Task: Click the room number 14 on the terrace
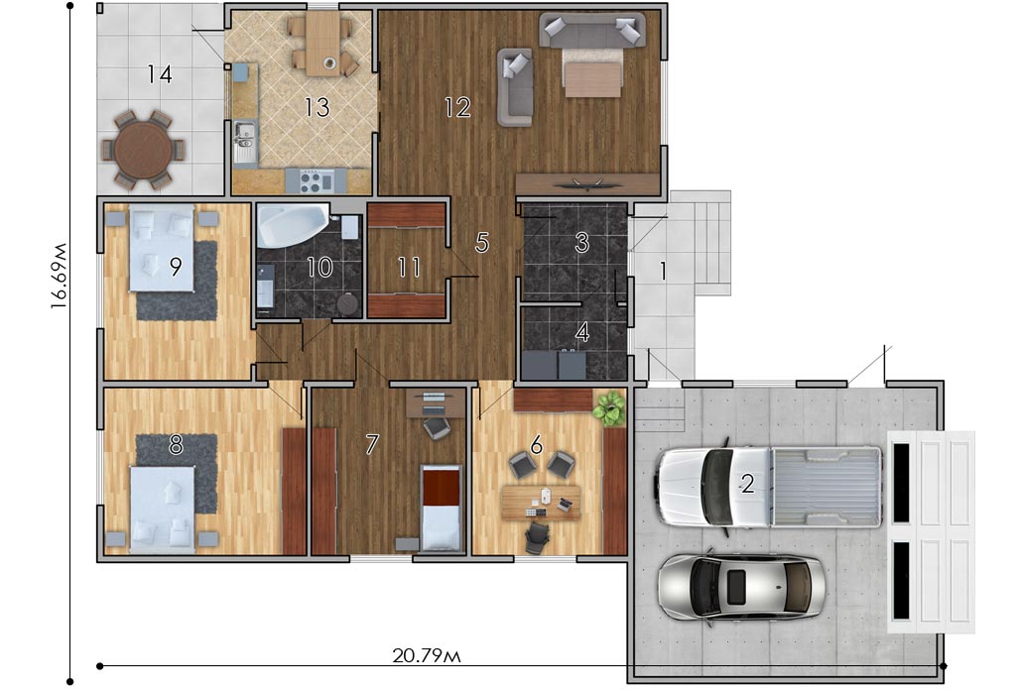(x=160, y=74)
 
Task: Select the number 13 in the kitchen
(x=317, y=107)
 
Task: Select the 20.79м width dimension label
(x=427, y=655)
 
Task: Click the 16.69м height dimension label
(x=59, y=276)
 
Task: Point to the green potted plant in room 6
(x=608, y=408)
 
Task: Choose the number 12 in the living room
(x=457, y=107)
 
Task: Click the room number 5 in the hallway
(x=482, y=242)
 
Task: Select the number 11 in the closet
(x=409, y=267)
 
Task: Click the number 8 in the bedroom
(x=176, y=445)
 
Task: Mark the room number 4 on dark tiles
(x=582, y=333)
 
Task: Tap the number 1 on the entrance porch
(x=662, y=272)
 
